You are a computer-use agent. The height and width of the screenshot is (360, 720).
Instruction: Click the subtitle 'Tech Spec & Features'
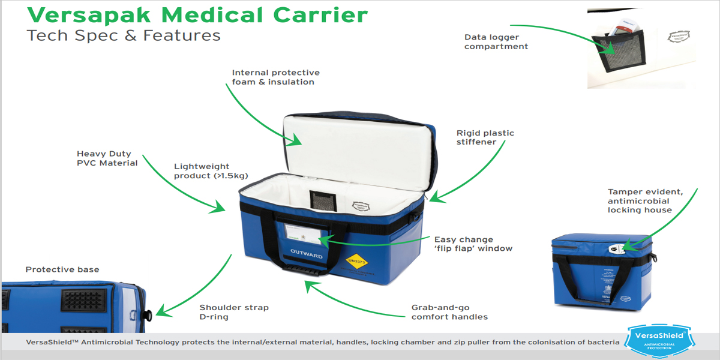click(x=124, y=36)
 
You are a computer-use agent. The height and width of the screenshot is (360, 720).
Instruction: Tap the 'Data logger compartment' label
click(x=496, y=41)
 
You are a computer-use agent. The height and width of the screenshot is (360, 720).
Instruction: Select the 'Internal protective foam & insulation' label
click(x=275, y=77)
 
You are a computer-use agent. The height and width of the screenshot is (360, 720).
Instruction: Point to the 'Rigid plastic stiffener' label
click(x=485, y=137)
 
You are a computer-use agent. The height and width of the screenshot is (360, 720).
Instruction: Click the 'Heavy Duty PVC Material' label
click(x=107, y=158)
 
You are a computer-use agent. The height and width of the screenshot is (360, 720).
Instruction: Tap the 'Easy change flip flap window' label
click(x=473, y=244)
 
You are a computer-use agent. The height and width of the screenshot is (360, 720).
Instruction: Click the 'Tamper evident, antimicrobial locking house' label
click(x=645, y=200)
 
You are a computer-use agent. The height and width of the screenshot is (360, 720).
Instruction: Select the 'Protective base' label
click(x=62, y=269)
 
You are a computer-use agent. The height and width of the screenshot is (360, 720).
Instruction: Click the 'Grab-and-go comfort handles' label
click(x=449, y=312)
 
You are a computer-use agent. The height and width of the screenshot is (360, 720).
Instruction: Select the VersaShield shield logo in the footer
click(x=658, y=340)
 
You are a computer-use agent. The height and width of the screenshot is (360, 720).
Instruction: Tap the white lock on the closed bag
click(x=615, y=247)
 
